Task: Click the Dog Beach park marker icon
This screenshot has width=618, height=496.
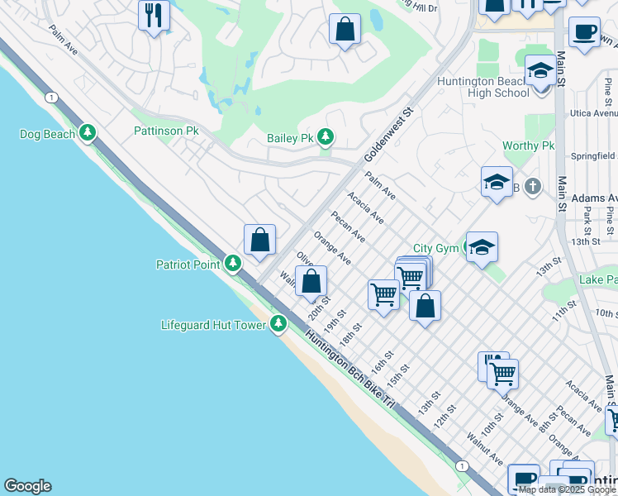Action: click(x=88, y=133)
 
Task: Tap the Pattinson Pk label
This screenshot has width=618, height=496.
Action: click(x=166, y=131)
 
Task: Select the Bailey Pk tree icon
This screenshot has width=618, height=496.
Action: click(x=326, y=137)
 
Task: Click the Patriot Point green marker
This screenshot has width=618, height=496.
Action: click(x=233, y=264)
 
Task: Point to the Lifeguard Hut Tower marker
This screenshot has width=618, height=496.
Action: click(x=279, y=324)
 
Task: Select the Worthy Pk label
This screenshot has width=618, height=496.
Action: click(x=529, y=146)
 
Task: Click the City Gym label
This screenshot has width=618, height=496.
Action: click(x=435, y=248)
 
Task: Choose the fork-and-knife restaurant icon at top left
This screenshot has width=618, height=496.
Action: click(x=154, y=15)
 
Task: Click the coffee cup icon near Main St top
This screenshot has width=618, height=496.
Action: click(x=584, y=32)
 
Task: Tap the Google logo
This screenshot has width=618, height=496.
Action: click(x=27, y=486)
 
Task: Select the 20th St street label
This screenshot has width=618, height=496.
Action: click(x=319, y=308)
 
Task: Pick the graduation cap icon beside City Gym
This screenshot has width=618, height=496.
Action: click(x=482, y=246)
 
